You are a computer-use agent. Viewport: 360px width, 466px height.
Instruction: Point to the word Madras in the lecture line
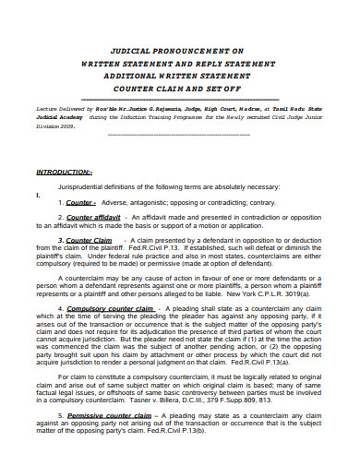click(243, 108)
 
